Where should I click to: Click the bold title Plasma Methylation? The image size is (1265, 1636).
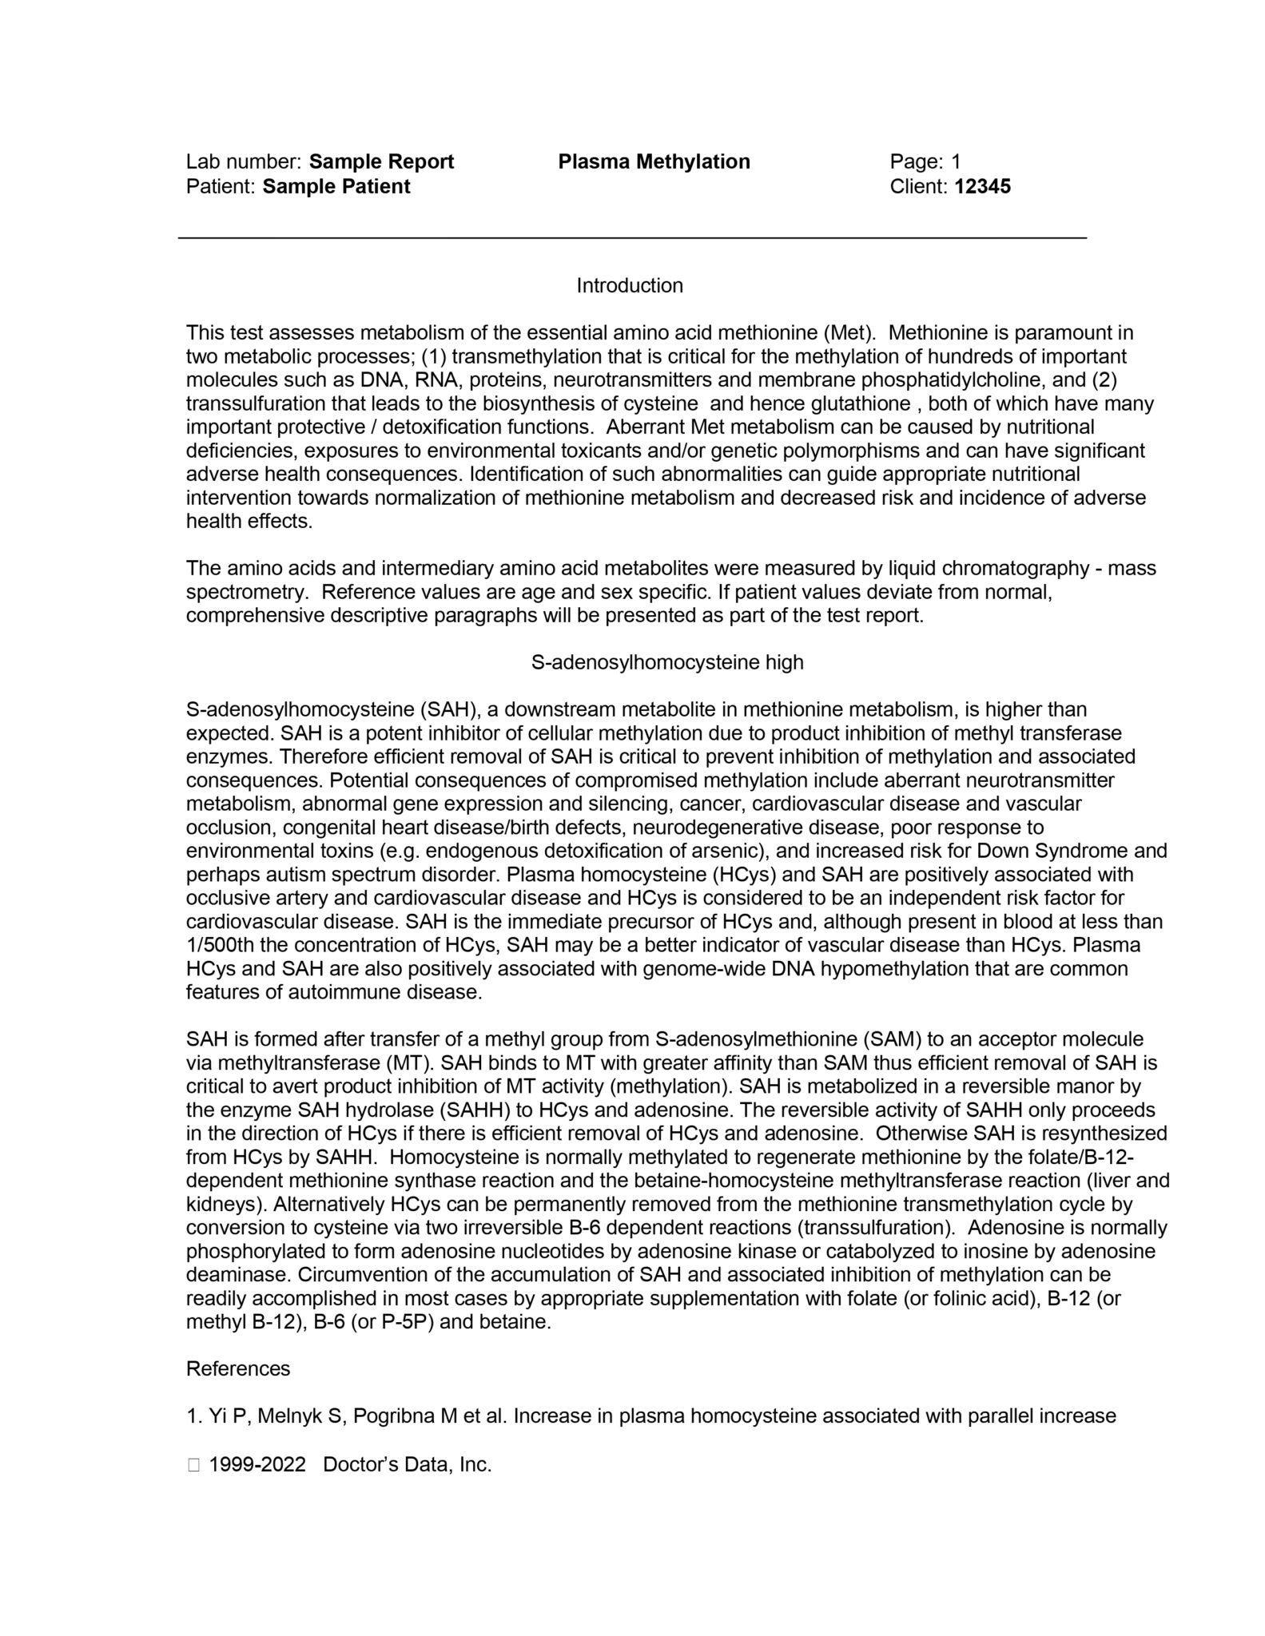point(654,162)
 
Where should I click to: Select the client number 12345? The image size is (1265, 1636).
point(982,187)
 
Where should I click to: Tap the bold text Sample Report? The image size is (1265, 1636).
point(381,162)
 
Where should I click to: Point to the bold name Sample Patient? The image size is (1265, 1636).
point(336,187)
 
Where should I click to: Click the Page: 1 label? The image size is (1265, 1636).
point(925,162)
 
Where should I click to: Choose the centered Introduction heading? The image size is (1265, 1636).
point(630,286)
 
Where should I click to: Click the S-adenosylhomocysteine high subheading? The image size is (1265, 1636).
point(667,663)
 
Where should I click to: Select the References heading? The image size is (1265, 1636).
point(238,1369)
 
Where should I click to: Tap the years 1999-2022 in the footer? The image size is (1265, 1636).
point(257,1464)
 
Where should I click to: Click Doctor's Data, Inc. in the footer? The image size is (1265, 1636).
point(407,1464)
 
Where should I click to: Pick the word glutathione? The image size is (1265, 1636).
point(858,404)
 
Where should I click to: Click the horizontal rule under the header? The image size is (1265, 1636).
point(631,237)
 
